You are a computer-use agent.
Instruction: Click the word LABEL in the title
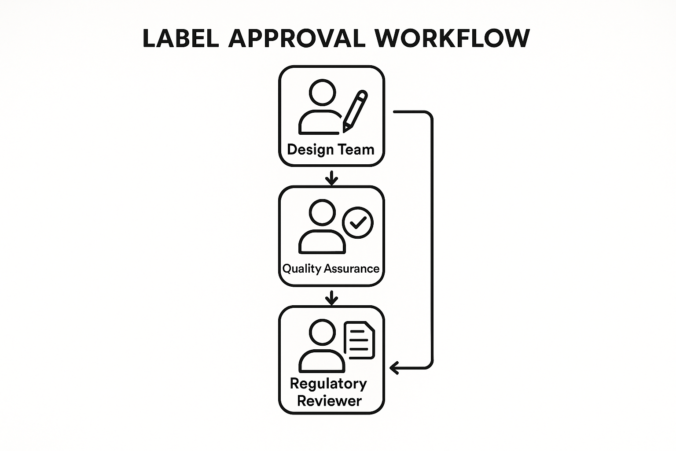(x=180, y=38)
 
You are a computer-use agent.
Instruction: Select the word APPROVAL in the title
(x=297, y=38)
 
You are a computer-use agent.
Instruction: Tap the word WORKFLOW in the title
(x=453, y=38)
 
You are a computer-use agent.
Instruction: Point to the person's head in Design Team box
(x=322, y=92)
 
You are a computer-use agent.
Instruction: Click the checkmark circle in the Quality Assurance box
(x=358, y=223)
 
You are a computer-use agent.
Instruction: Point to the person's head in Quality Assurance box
(x=322, y=212)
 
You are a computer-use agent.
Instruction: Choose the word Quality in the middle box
(x=301, y=269)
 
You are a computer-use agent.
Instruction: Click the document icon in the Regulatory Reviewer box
(x=359, y=340)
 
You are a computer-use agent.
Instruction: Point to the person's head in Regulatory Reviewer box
(x=322, y=332)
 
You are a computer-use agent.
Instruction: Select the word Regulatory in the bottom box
(x=328, y=384)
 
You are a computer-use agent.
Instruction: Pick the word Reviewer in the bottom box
(x=329, y=401)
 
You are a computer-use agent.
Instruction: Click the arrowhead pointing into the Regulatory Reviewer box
(x=395, y=367)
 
